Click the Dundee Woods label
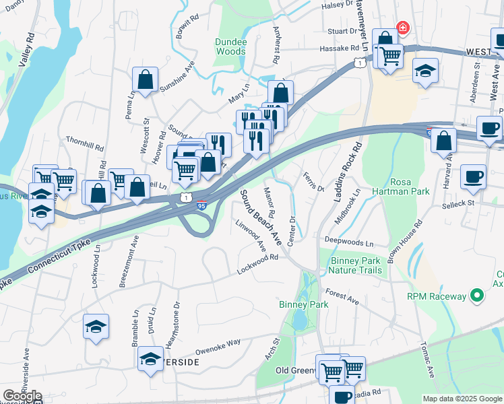click(230, 46)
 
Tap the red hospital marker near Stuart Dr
click(402, 28)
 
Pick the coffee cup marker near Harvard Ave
click(473, 177)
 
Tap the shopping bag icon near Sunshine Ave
click(145, 79)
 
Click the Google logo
click(22, 396)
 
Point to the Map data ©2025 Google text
click(462, 399)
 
